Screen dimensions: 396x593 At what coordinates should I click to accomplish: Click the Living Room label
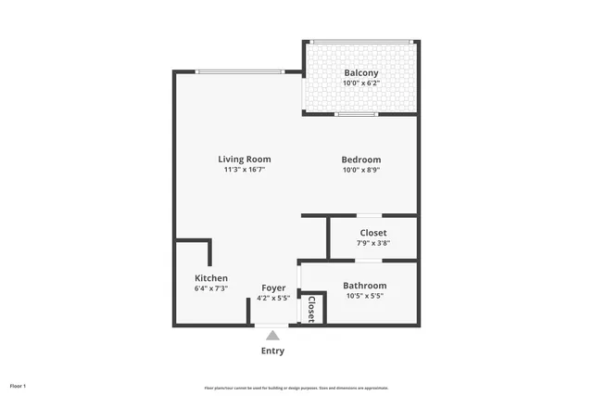[245, 160]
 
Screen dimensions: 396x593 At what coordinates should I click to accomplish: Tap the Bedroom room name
[360, 160]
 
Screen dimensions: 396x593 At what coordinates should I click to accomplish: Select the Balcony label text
[360, 72]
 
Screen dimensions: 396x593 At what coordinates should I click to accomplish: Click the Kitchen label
[211, 278]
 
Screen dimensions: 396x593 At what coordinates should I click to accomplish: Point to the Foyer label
[273, 287]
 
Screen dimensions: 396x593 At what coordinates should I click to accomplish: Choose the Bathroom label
[364, 286]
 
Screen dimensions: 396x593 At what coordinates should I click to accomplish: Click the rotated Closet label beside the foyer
[311, 309]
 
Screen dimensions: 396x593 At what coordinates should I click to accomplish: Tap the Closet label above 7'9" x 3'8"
[372, 233]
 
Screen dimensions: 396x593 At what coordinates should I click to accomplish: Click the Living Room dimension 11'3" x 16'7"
[245, 171]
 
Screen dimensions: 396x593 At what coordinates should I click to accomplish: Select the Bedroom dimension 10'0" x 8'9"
[360, 171]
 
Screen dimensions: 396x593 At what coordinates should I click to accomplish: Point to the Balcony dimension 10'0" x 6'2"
[360, 83]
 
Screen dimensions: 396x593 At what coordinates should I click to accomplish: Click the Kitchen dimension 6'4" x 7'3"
[211, 289]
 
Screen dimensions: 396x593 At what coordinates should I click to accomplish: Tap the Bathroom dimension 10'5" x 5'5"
[364, 297]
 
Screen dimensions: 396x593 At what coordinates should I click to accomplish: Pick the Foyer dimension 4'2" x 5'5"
[273, 299]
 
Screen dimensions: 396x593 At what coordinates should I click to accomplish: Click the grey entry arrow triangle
[272, 334]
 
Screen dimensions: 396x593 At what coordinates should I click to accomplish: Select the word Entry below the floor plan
[272, 351]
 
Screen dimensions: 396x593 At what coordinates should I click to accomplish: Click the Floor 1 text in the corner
[19, 385]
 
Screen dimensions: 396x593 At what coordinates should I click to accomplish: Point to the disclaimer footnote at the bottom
[296, 387]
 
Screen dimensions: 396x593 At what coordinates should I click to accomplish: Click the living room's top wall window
[239, 71]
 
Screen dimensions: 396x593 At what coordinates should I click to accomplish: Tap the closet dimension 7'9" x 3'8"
[372, 244]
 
